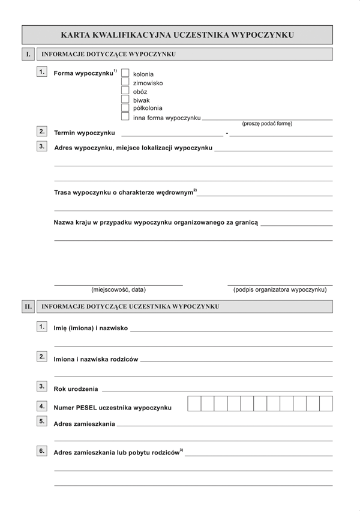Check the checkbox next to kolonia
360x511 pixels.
(125, 73)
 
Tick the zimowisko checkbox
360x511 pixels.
(125, 82)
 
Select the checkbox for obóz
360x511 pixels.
(125, 91)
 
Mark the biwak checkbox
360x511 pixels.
(125, 100)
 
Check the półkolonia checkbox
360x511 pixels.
(125, 108)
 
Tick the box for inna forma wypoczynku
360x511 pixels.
(125, 117)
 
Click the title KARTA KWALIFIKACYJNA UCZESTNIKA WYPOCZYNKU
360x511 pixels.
(177, 35)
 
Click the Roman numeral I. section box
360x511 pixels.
(27, 54)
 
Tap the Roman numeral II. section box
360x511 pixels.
(28, 306)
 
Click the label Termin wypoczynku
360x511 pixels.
(84, 132)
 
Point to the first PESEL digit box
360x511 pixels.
(194, 404)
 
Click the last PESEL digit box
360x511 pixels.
(326, 404)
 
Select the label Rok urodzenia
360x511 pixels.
(76, 390)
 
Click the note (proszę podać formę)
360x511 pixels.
(267, 124)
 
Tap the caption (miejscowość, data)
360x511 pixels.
(118, 289)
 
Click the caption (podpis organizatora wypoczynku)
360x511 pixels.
(280, 289)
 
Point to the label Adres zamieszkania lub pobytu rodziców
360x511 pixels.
(118, 452)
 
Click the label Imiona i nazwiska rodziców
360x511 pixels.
(96, 359)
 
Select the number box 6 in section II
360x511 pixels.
(42, 450)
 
